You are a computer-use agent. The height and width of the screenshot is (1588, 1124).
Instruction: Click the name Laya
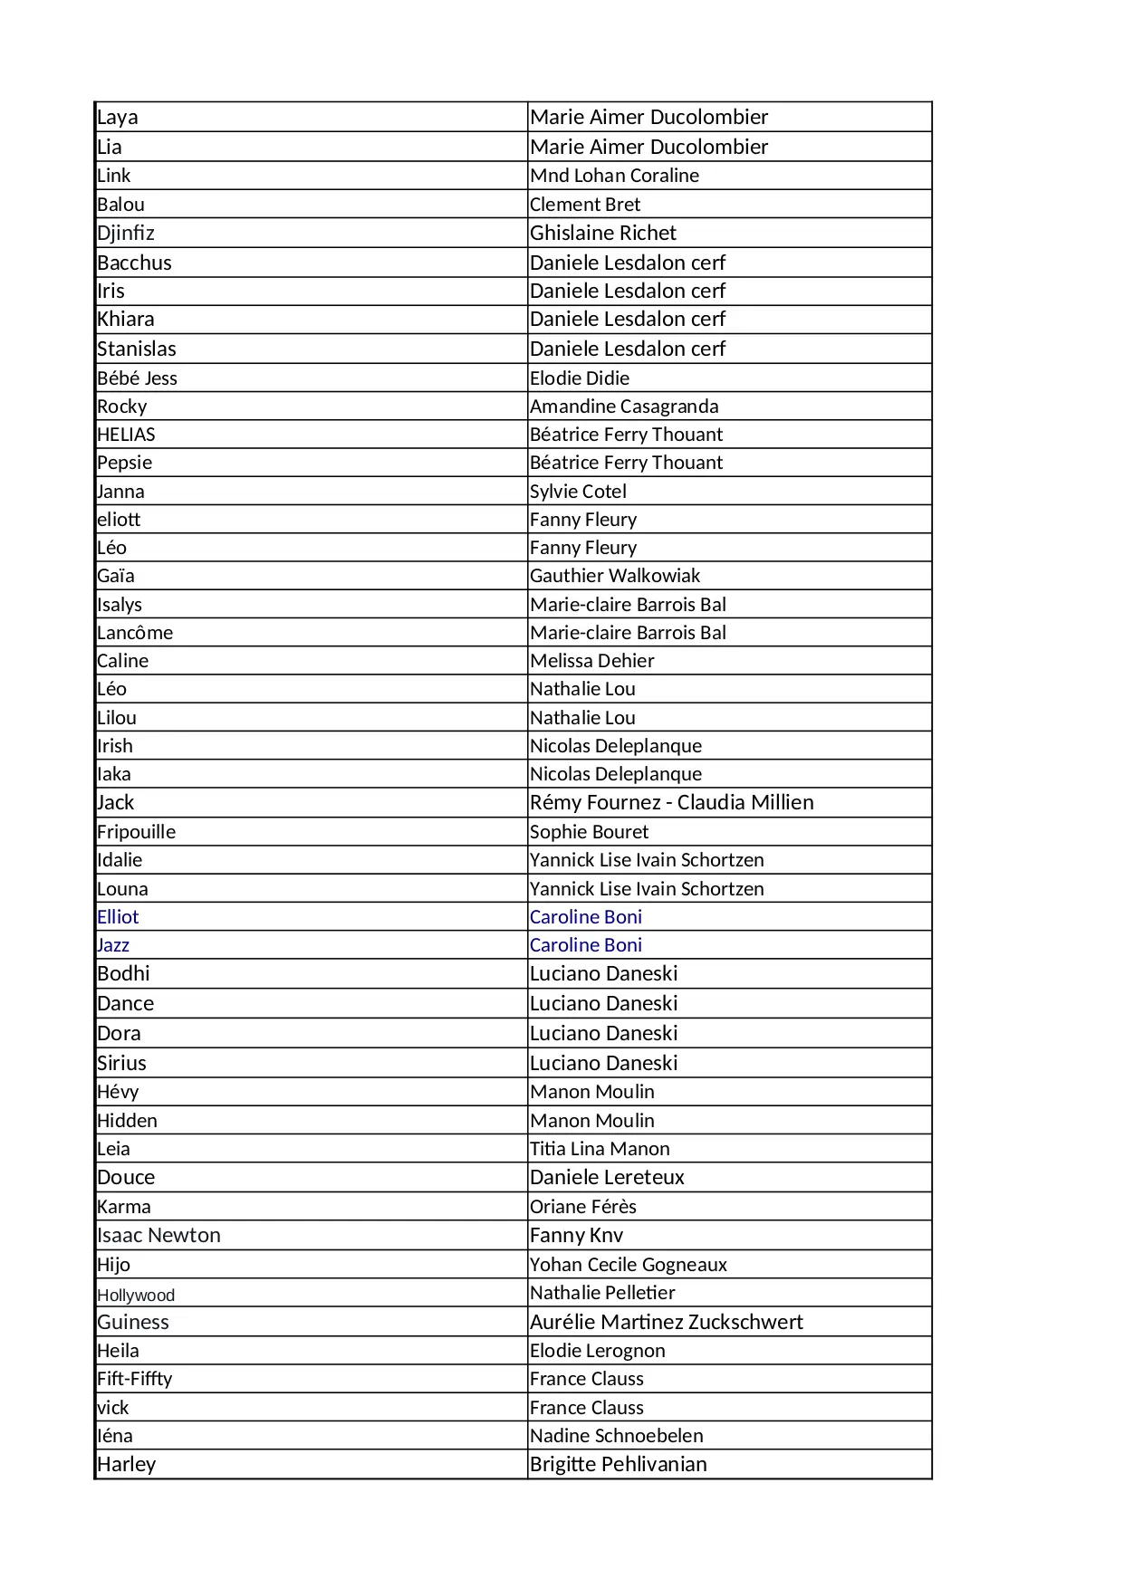click(x=118, y=118)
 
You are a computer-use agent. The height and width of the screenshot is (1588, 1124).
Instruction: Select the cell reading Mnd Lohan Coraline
click(x=614, y=176)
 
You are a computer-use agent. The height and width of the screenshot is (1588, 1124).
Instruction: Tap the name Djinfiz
click(x=126, y=234)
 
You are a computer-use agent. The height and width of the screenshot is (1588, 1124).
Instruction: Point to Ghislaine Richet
click(x=603, y=234)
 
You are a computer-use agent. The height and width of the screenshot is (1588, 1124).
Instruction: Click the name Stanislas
click(x=137, y=349)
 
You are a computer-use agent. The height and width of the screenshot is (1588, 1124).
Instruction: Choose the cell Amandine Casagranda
click(x=624, y=407)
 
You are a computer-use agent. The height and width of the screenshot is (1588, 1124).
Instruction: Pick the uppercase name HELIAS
click(x=127, y=435)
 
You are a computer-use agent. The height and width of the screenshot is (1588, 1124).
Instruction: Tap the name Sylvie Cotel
click(x=578, y=492)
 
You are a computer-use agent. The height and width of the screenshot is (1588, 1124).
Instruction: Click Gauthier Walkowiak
click(x=615, y=576)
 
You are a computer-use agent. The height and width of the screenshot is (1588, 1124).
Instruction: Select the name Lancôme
click(x=135, y=633)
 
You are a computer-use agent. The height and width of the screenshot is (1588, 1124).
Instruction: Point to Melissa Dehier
click(x=591, y=661)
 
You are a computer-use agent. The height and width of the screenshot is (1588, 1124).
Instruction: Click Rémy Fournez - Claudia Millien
click(x=671, y=802)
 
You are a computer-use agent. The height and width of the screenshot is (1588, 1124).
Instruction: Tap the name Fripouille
click(x=137, y=832)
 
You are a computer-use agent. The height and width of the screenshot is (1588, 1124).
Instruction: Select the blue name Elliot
click(x=118, y=917)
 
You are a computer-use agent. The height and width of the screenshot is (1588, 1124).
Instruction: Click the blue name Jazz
click(x=113, y=945)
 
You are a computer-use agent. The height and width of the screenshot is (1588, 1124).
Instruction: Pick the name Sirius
click(x=122, y=1063)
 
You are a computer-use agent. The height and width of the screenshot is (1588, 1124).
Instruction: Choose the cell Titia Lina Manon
click(x=600, y=1149)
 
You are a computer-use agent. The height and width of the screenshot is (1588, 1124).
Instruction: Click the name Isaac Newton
click(x=159, y=1236)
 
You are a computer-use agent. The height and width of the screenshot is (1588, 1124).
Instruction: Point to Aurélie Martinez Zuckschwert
click(x=666, y=1322)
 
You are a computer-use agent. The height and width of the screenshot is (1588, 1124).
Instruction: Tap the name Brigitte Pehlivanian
click(x=618, y=1464)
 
